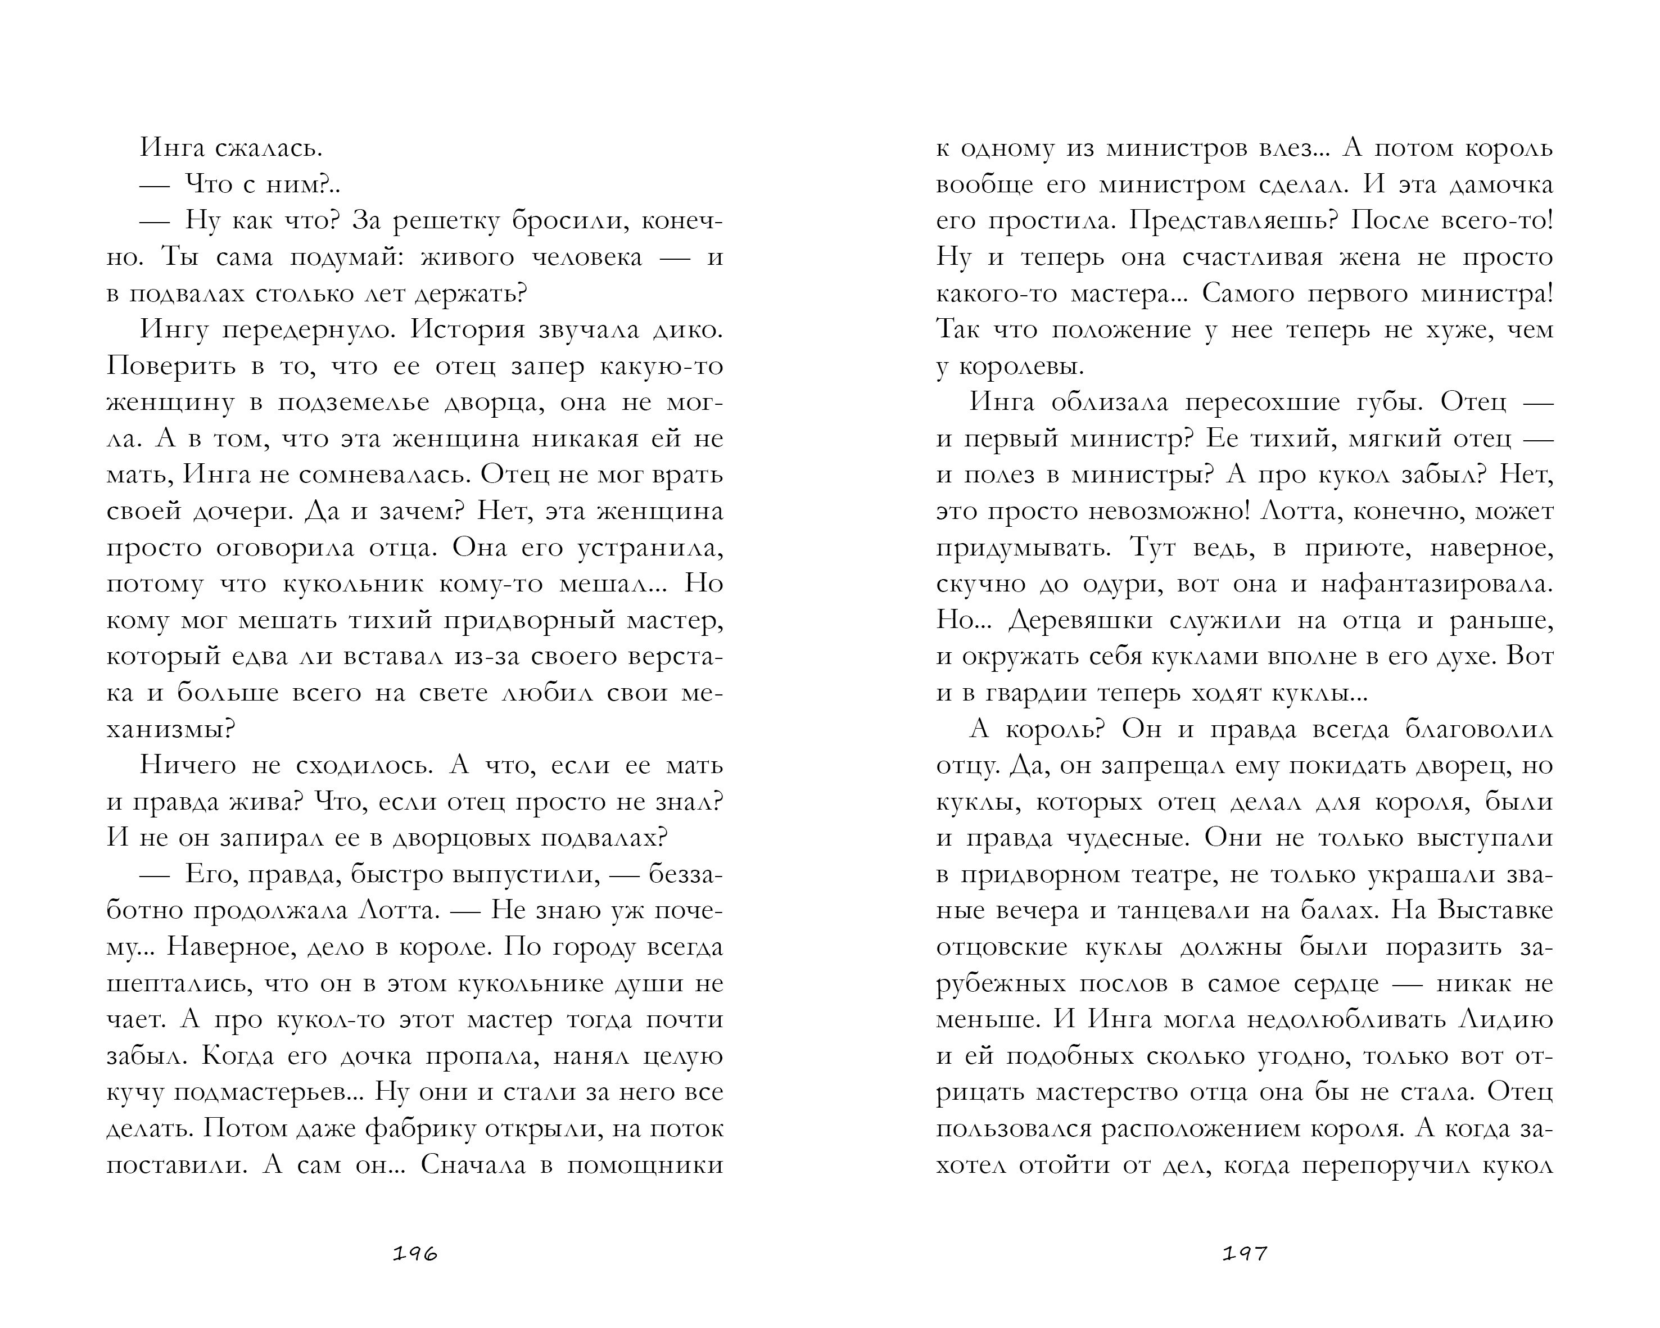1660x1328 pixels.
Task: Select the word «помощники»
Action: click(645, 1165)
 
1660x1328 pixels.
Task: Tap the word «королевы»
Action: click(1016, 367)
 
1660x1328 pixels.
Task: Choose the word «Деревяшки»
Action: click(1080, 620)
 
